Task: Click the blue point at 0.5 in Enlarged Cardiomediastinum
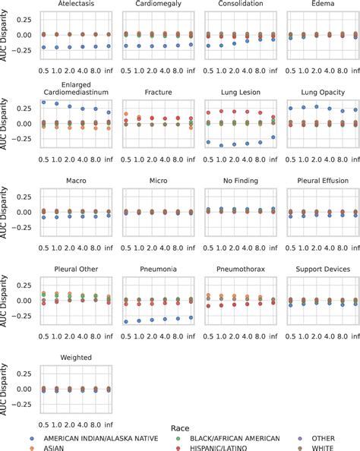click(x=43, y=102)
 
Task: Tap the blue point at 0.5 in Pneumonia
click(x=126, y=322)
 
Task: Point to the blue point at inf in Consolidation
click(x=272, y=39)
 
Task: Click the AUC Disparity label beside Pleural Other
click(x=6, y=301)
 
